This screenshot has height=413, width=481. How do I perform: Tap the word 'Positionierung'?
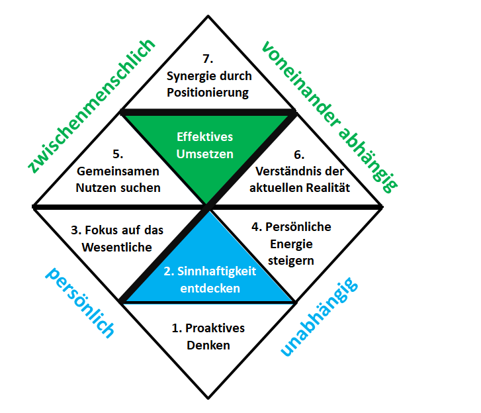[x=208, y=92]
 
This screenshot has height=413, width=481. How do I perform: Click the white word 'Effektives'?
[x=204, y=137]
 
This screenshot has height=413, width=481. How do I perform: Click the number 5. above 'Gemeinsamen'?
[x=118, y=154]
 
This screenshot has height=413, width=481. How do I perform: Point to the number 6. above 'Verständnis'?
[x=299, y=154]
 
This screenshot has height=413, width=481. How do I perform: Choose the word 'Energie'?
[x=290, y=244]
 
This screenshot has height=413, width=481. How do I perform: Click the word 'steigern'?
[x=291, y=260]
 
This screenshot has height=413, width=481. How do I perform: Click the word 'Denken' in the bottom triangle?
[x=208, y=345]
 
